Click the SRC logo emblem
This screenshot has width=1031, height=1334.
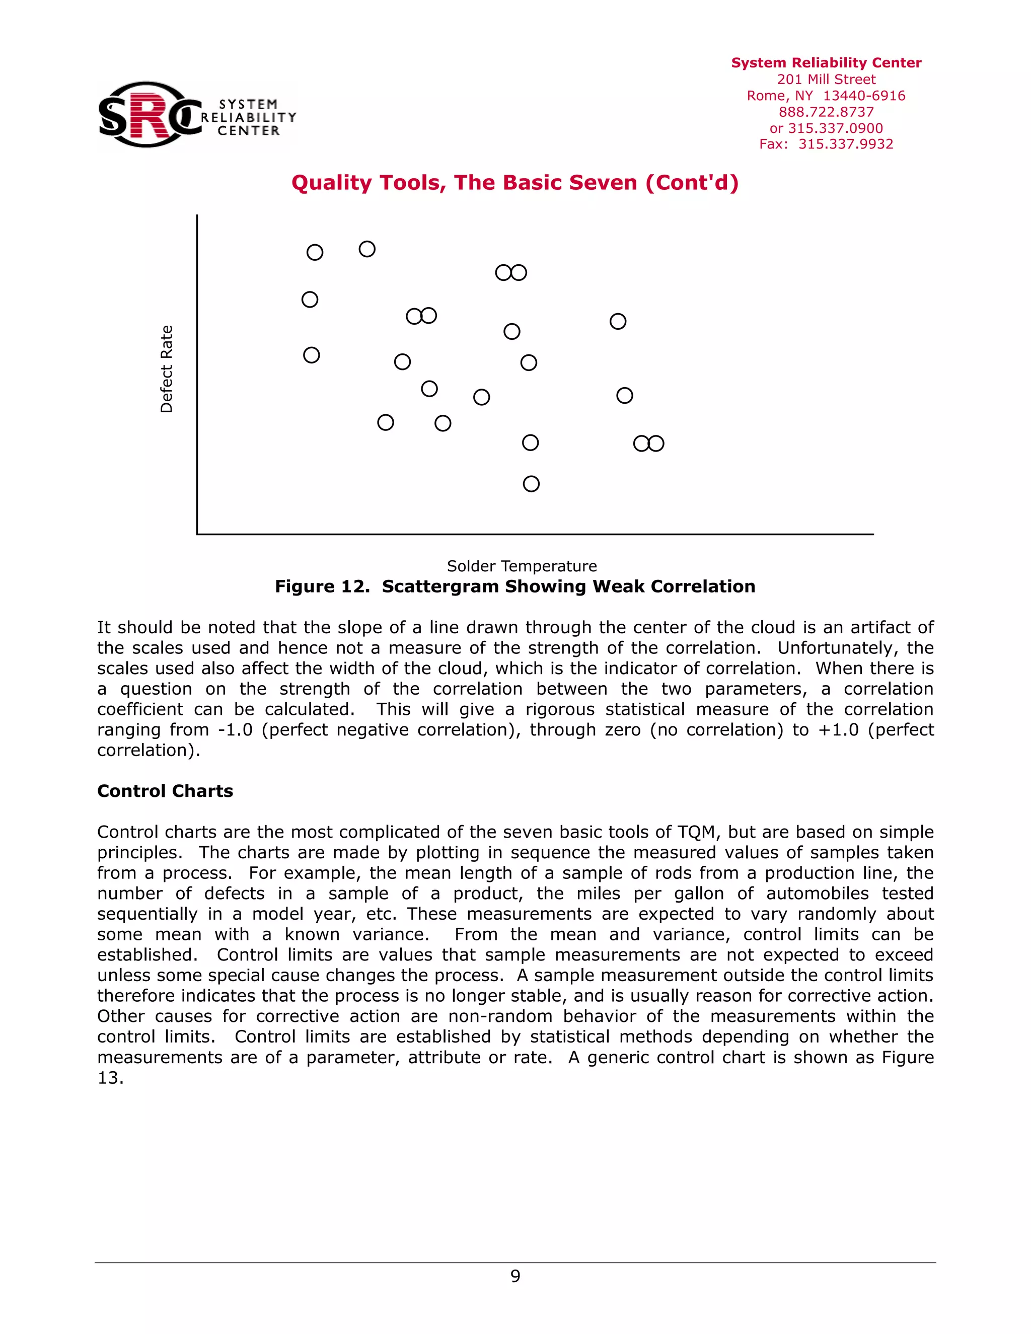(150, 114)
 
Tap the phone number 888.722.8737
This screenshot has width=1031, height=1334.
(826, 112)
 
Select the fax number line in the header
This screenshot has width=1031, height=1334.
(826, 144)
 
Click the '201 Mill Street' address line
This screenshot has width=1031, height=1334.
(826, 80)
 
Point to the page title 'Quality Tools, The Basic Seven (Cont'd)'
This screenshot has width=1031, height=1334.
(515, 183)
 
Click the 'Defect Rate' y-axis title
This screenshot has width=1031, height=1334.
(166, 369)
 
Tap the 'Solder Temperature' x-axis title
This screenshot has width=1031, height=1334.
(522, 566)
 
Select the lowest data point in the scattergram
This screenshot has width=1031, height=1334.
(532, 484)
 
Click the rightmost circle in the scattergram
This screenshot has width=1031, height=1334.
(656, 443)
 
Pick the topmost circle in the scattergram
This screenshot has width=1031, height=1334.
(367, 249)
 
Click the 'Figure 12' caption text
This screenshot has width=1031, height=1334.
(515, 586)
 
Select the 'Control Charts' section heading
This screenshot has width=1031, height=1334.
(165, 791)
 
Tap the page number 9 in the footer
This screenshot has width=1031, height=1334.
(515, 1276)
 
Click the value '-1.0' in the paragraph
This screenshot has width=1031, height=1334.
(235, 730)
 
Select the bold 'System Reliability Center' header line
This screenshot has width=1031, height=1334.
(826, 63)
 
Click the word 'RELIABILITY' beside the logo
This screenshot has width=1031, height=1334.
(249, 117)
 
